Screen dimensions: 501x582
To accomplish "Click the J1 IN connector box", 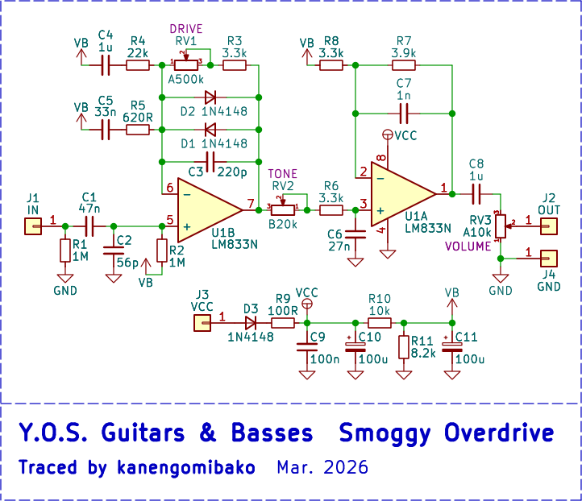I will (x=33, y=226).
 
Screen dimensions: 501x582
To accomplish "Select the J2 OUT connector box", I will (x=548, y=226).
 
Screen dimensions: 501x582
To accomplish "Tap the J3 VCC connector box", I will (x=201, y=323).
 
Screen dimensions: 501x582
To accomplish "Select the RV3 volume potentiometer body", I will (x=500, y=226).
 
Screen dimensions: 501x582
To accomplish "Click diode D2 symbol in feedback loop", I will (x=210, y=97).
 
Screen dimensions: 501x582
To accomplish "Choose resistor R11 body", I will (x=404, y=346).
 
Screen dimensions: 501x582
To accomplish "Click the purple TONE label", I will (x=283, y=173).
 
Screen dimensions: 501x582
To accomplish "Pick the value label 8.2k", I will (x=424, y=352).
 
